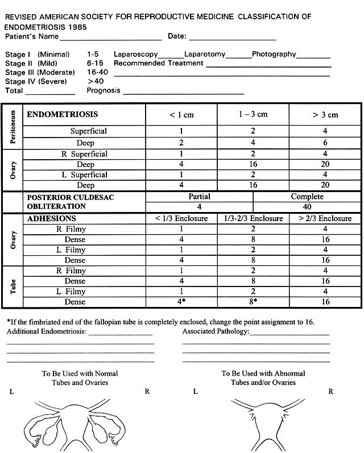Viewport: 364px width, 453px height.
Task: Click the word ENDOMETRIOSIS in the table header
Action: point(59,114)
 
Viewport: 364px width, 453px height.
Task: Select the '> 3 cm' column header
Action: point(325,115)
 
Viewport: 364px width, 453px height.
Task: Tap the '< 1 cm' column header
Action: point(181,115)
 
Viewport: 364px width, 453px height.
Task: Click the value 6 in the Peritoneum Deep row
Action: point(325,143)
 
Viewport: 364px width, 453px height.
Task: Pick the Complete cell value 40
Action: point(307,207)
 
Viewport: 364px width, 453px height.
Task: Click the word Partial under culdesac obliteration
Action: point(199,197)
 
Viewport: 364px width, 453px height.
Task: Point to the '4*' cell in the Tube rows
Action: point(181,302)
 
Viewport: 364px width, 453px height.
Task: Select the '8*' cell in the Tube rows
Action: point(253,302)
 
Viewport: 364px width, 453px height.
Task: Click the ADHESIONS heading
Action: point(52,218)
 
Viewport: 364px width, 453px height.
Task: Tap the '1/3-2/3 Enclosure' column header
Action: point(253,218)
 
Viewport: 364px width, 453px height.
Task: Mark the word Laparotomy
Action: point(204,54)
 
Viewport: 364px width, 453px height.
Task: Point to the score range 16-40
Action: point(98,72)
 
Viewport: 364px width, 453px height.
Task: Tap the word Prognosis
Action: point(104,90)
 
